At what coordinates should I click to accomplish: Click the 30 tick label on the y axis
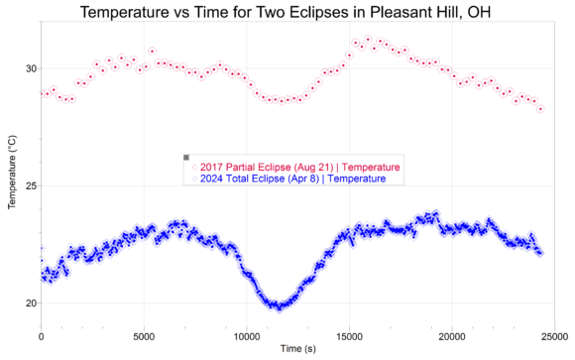point(30,69)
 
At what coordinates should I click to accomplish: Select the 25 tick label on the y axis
point(30,186)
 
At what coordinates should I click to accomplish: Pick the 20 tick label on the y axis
point(30,303)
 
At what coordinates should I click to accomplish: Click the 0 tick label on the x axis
point(41,336)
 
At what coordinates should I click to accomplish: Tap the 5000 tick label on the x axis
point(144,336)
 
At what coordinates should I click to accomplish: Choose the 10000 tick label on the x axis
point(247,336)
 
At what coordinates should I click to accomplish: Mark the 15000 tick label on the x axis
point(349,336)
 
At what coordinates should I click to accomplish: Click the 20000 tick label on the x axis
point(452,336)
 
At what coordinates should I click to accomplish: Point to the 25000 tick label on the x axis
point(554,336)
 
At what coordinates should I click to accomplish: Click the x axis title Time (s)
point(298,349)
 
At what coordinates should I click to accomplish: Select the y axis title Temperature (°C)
point(12,173)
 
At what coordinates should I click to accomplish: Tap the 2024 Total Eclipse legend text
point(293,179)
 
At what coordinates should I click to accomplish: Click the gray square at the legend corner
point(186,158)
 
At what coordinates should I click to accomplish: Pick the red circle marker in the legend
point(194,168)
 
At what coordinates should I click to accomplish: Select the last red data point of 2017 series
point(540,109)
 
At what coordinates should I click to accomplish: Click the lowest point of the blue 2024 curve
point(280,309)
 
